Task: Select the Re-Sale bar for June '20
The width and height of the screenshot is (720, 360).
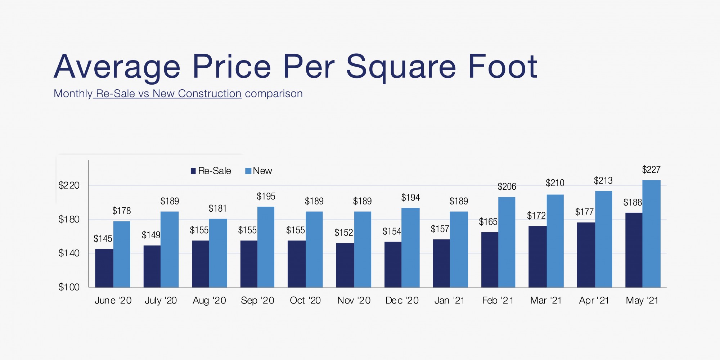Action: [x=104, y=268]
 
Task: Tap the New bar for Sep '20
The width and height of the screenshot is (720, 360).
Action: [x=266, y=247]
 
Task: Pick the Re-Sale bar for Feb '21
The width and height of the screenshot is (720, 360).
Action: [x=490, y=260]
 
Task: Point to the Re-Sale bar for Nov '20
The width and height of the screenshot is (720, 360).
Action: [x=345, y=265]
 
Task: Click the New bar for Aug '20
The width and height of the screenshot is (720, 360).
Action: [x=218, y=253]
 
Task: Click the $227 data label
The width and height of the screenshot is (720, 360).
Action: [x=651, y=170]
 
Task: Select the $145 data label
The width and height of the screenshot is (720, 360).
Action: [x=103, y=239]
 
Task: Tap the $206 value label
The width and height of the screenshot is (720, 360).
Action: [x=507, y=186]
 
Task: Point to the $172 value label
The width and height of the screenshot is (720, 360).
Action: [x=536, y=216]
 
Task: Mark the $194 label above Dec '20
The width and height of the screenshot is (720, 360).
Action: [x=410, y=197]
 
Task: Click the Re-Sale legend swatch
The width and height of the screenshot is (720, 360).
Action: [x=193, y=171]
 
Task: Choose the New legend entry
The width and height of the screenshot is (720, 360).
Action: [x=258, y=171]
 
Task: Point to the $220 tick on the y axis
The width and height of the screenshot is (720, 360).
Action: [x=69, y=185]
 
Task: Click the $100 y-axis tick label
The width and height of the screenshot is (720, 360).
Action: [x=69, y=287]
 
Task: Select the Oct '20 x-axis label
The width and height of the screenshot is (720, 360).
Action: [x=305, y=300]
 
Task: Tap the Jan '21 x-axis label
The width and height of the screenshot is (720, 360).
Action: [x=449, y=300]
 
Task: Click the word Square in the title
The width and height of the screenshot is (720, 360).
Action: [x=401, y=68]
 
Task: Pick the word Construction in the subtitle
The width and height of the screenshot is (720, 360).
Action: [x=210, y=94]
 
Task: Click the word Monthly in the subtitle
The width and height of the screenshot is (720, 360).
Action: [x=73, y=94]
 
